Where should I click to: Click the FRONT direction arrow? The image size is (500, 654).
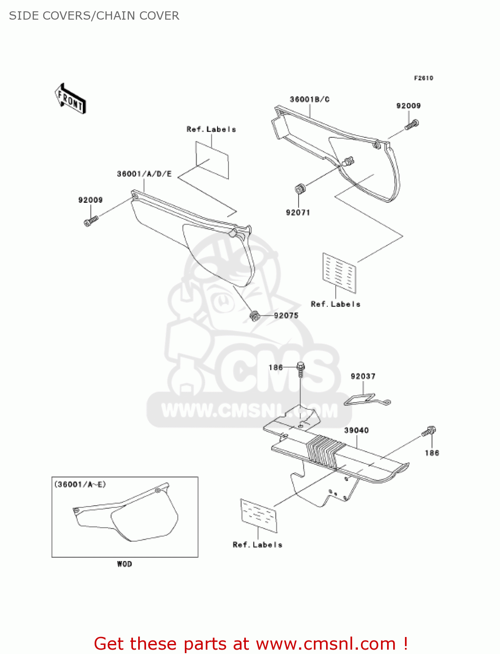coord(70,99)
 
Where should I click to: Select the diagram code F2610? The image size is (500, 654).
coord(423,78)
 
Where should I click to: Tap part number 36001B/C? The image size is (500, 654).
coord(310,99)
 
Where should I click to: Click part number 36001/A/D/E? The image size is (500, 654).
coord(144,174)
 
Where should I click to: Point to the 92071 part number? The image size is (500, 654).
coord(298,213)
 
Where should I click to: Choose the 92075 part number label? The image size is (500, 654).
coord(286,316)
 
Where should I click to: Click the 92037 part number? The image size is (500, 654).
coord(363,376)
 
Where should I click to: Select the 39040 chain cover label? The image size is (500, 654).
coord(356,430)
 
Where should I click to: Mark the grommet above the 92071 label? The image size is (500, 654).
coord(299,190)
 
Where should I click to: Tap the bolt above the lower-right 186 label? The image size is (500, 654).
coord(429,432)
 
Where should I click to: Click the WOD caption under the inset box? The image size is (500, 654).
coord(124,564)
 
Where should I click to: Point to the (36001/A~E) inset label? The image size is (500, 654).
coord(80,484)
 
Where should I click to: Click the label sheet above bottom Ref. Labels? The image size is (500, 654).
coord(259,515)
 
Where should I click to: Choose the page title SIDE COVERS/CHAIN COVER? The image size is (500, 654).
coord(94,16)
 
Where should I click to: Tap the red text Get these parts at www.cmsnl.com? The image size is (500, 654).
coord(251,644)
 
